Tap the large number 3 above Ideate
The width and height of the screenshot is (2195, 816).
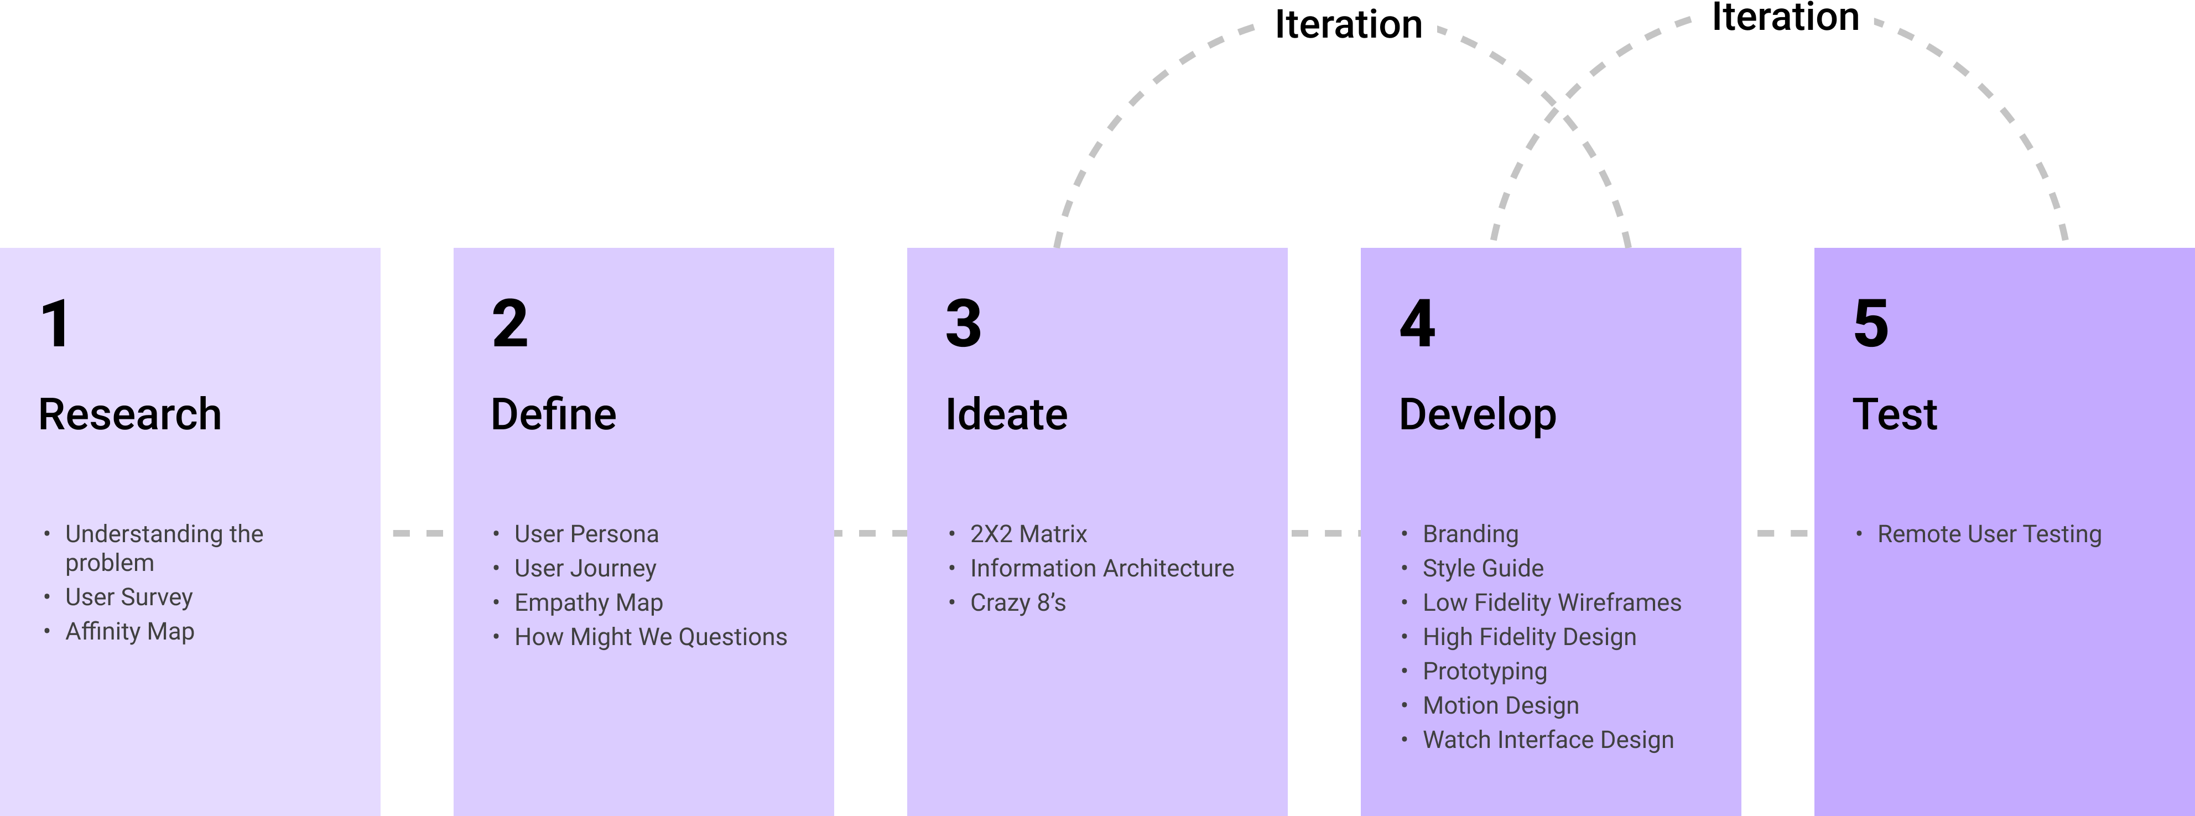963,324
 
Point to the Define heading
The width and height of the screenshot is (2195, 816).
553,415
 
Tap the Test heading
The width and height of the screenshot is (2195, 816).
1895,415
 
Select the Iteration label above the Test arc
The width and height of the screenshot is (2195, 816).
1785,17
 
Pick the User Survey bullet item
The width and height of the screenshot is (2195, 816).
129,597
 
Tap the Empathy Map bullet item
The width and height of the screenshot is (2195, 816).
588,603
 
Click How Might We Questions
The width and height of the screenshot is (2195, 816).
650,637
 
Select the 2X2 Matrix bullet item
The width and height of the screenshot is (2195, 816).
1028,534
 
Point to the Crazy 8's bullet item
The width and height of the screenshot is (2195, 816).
1017,603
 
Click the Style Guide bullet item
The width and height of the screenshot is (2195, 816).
1483,568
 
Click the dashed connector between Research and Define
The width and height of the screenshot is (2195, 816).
418,533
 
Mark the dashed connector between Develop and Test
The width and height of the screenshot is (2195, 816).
1782,533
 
